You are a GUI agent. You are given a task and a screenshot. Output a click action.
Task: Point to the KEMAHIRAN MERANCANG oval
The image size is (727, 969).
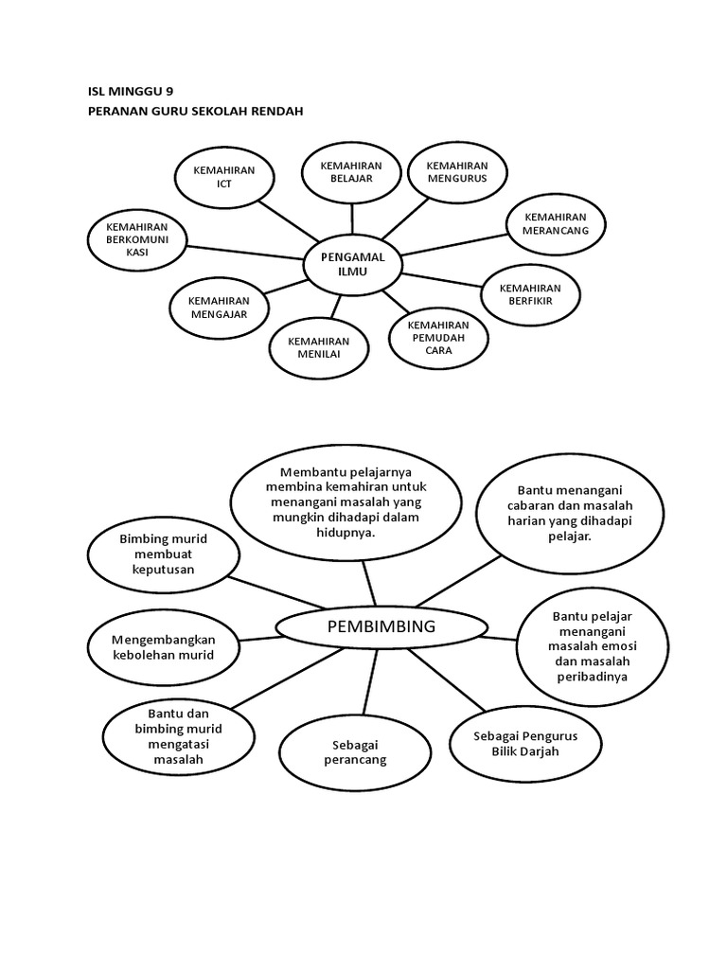[x=556, y=223]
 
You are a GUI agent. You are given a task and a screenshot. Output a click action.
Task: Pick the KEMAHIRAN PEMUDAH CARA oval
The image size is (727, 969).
[x=438, y=338]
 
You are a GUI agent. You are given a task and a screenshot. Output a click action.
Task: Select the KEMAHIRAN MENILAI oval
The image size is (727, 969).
[x=318, y=348]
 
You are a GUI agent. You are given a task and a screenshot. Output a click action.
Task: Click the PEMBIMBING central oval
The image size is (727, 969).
[x=381, y=626]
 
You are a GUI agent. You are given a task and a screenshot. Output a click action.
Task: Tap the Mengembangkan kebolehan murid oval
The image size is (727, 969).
[x=163, y=647]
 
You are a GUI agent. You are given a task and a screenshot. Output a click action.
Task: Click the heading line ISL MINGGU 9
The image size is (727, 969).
[x=130, y=92]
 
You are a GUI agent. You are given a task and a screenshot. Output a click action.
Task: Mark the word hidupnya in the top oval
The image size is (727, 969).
[x=346, y=533]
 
